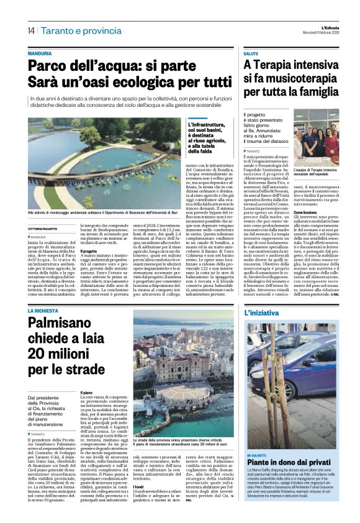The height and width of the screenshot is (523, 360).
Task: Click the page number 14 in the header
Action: pyautogui.click(x=30, y=30)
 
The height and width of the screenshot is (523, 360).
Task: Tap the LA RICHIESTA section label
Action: pyautogui.click(x=42, y=309)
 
